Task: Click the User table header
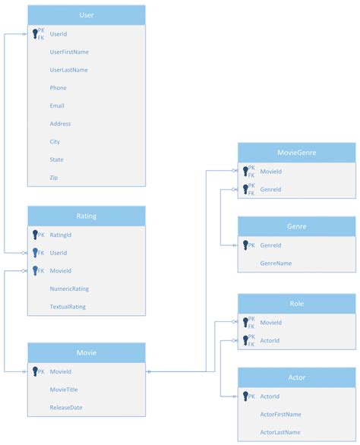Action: [87, 15]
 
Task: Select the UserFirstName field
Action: [69, 52]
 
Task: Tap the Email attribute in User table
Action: [57, 106]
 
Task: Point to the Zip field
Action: [54, 178]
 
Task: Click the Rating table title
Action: [87, 216]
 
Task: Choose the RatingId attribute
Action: [61, 235]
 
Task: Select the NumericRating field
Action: [69, 289]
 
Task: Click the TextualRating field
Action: [68, 307]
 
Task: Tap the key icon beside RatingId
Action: [35, 235]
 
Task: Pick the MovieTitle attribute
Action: [64, 390]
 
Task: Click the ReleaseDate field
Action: [66, 408]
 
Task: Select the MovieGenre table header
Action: [297, 153]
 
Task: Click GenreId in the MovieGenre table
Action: [270, 189]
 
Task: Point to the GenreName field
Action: [276, 264]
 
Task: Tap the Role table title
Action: [297, 304]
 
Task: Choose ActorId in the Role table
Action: [270, 340]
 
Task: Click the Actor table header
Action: [297, 377]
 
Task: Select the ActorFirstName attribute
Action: [280, 415]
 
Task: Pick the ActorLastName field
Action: [280, 432]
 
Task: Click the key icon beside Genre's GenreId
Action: [245, 245]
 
